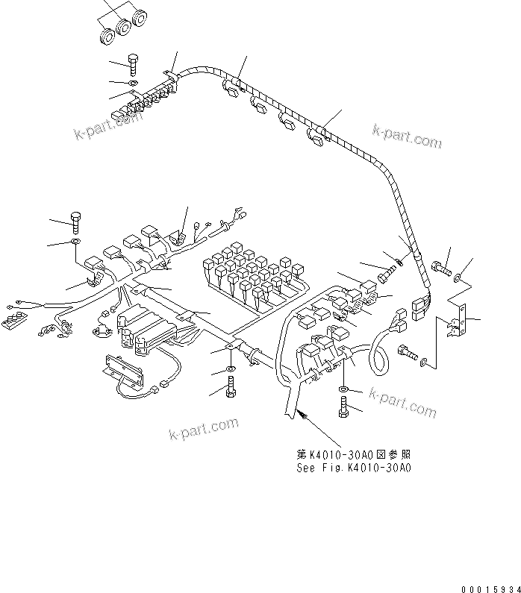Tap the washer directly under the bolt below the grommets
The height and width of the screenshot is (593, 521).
[x=134, y=81]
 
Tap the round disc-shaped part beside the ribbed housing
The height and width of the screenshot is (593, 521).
[x=102, y=329]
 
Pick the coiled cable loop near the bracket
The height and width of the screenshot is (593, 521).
[x=380, y=351]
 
